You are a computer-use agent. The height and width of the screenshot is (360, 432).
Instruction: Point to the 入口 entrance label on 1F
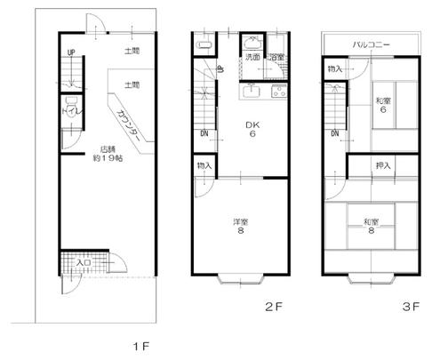point(84,263)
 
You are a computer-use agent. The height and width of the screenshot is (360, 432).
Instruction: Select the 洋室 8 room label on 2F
point(240,227)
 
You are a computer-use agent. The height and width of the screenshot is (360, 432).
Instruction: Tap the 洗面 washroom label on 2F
point(252,58)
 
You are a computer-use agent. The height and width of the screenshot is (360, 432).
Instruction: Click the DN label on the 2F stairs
point(204,134)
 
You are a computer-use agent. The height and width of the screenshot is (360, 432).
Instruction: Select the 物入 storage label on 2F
point(204,166)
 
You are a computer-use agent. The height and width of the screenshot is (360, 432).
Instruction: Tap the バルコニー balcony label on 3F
point(372,42)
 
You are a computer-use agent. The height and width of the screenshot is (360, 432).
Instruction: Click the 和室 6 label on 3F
point(384,104)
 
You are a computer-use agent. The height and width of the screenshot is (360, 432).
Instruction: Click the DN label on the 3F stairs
point(335,134)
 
